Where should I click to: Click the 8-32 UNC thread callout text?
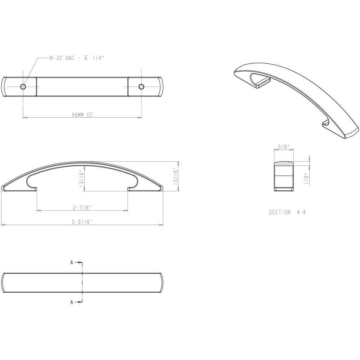[77, 58]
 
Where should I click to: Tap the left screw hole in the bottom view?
[23, 86]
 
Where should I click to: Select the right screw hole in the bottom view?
[141, 86]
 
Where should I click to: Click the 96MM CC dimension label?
[82, 115]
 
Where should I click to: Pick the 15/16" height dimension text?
[176, 176]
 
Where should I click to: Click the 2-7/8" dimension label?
[82, 208]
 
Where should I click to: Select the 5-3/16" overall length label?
[82, 222]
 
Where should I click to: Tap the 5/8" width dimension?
[284, 147]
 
